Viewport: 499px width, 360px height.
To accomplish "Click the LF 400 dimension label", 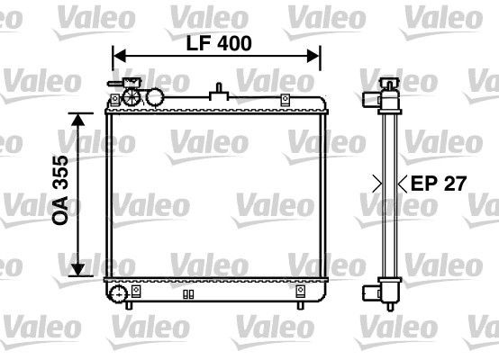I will [219, 42].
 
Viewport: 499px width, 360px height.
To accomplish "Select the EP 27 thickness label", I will [439, 184].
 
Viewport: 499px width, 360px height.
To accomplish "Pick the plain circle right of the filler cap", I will [155, 96].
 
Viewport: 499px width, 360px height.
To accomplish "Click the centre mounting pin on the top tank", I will [219, 91].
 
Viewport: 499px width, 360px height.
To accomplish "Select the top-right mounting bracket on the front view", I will [285, 99].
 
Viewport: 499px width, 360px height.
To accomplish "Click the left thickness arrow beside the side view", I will [378, 184].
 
